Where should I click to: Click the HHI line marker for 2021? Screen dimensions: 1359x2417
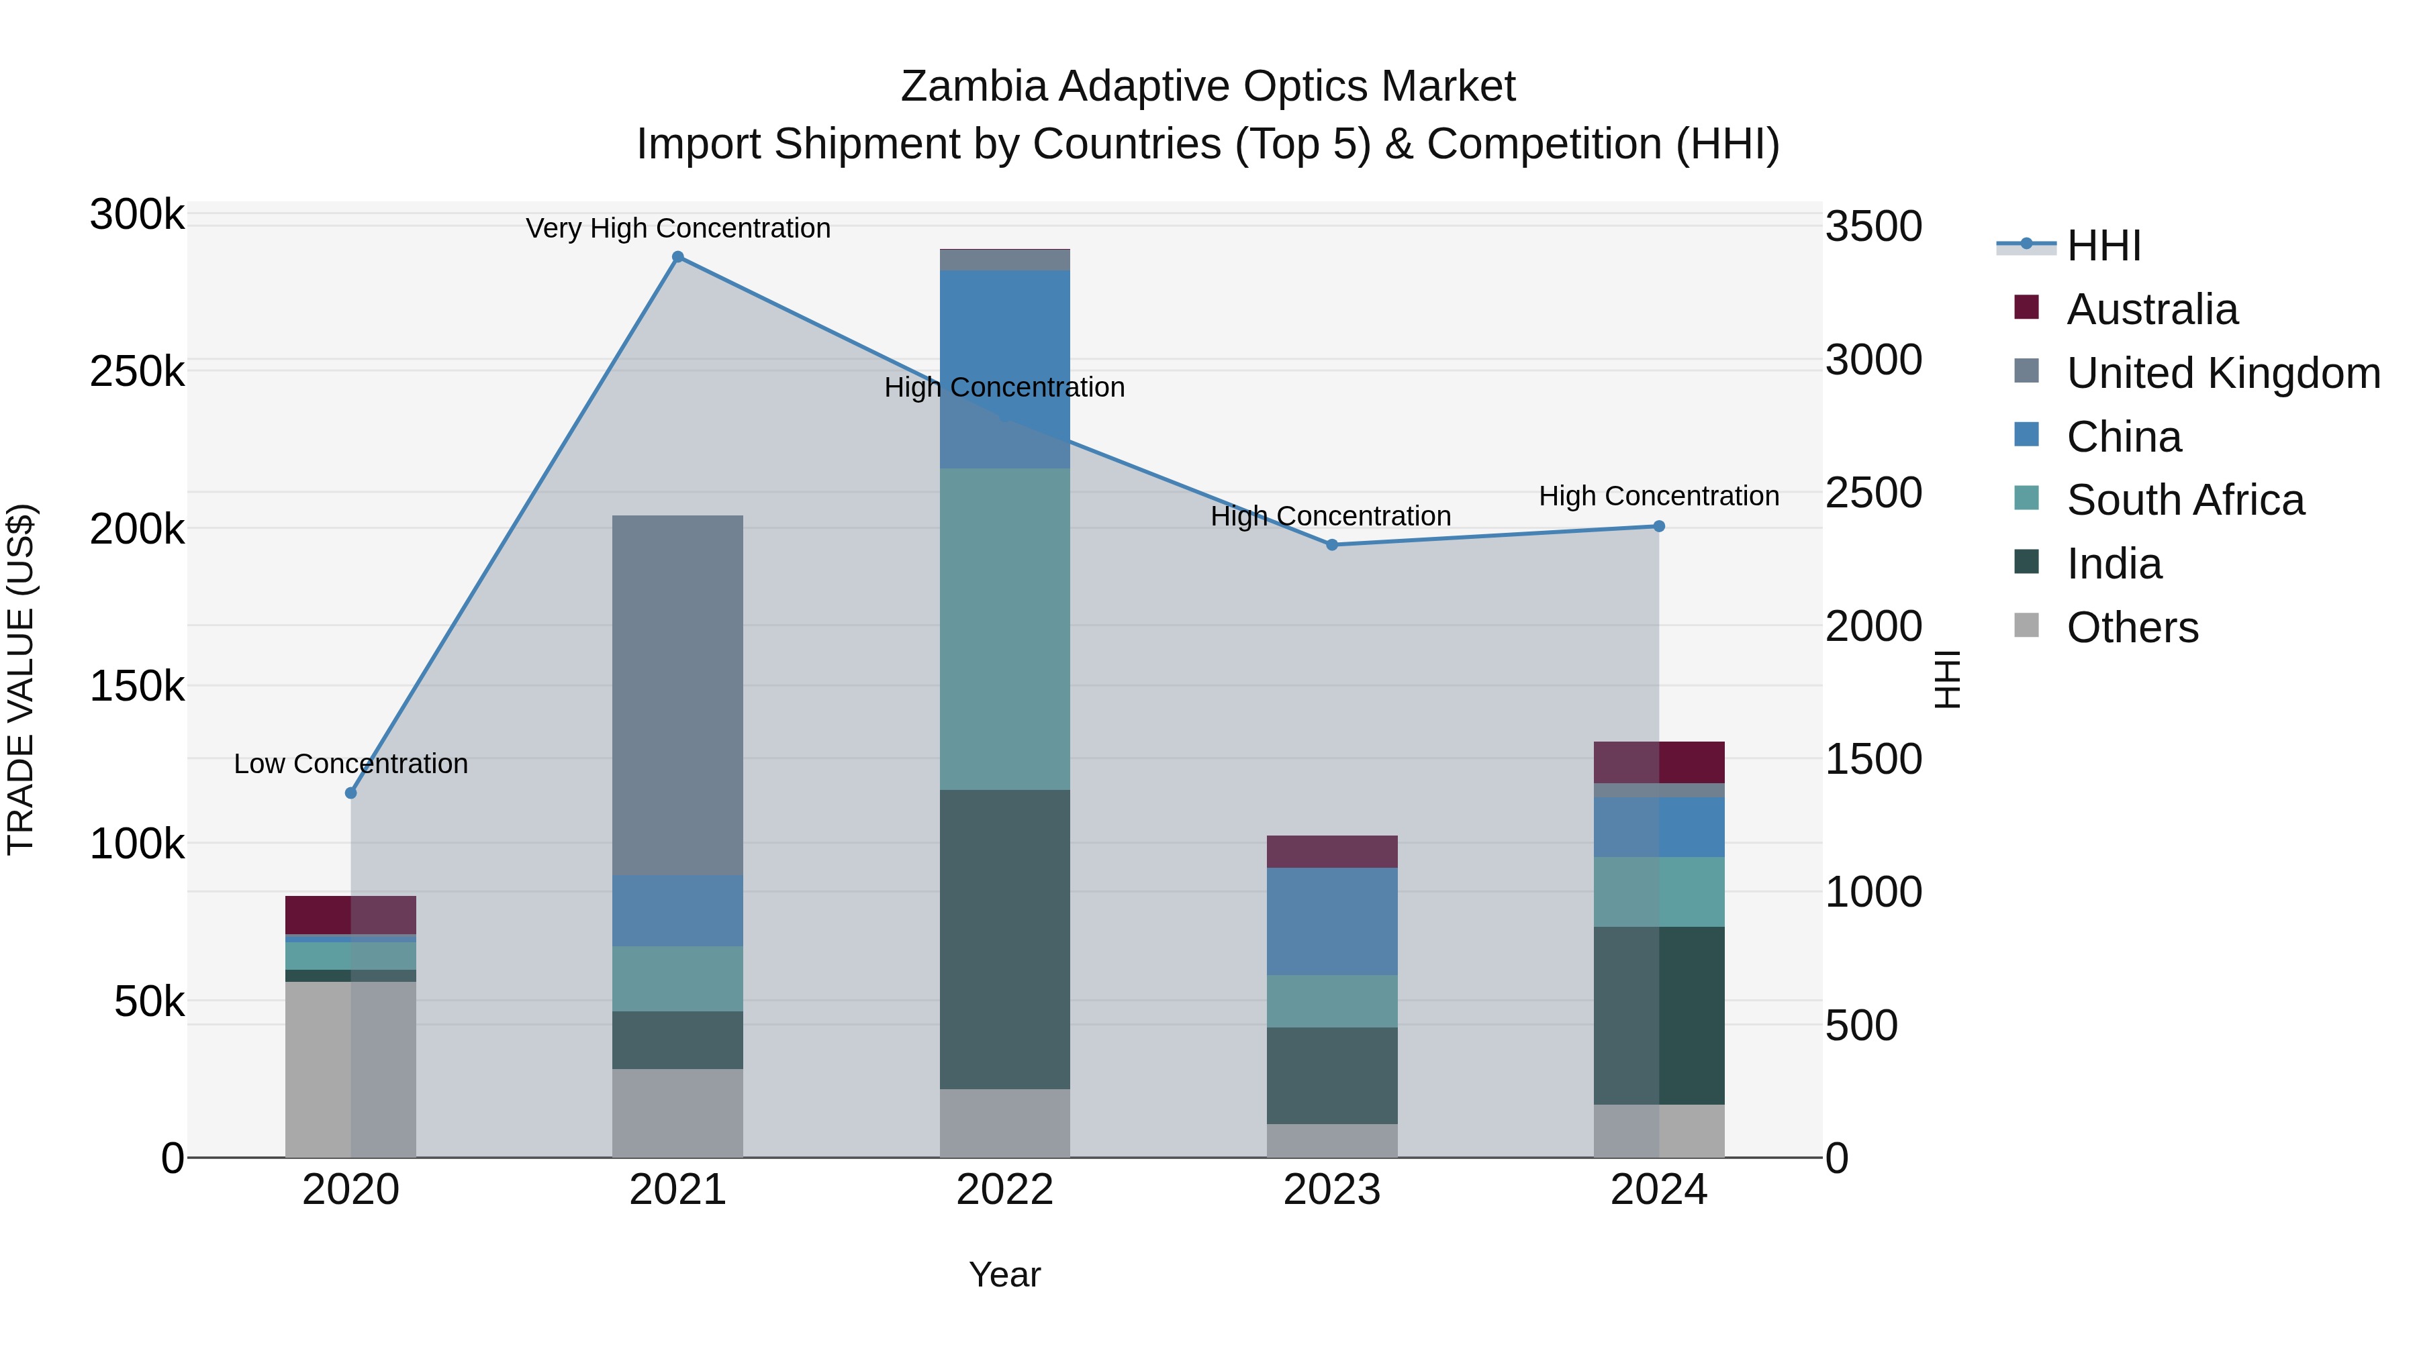(677, 257)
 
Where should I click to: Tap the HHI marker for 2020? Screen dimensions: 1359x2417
(351, 793)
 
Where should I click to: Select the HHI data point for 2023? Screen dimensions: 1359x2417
(1331, 545)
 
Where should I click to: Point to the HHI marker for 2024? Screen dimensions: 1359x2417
(1659, 526)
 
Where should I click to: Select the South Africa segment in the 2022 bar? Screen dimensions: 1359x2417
(1005, 628)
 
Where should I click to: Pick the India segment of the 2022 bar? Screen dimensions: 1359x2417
(1005, 938)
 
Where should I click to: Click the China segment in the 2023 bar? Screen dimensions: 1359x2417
(1331, 921)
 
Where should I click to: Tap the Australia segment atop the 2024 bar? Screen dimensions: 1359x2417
(1659, 762)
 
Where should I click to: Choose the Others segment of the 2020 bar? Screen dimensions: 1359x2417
(351, 1069)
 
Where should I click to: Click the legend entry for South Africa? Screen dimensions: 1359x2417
(2184, 500)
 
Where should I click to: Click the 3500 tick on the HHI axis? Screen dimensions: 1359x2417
(1873, 226)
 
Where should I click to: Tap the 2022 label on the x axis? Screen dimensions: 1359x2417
(1005, 1190)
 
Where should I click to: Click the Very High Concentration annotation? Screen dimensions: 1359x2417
(677, 228)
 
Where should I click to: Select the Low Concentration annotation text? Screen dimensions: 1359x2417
(351, 764)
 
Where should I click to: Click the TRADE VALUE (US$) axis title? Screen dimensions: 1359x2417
(21, 679)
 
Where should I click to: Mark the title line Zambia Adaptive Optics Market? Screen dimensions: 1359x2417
(1208, 87)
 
